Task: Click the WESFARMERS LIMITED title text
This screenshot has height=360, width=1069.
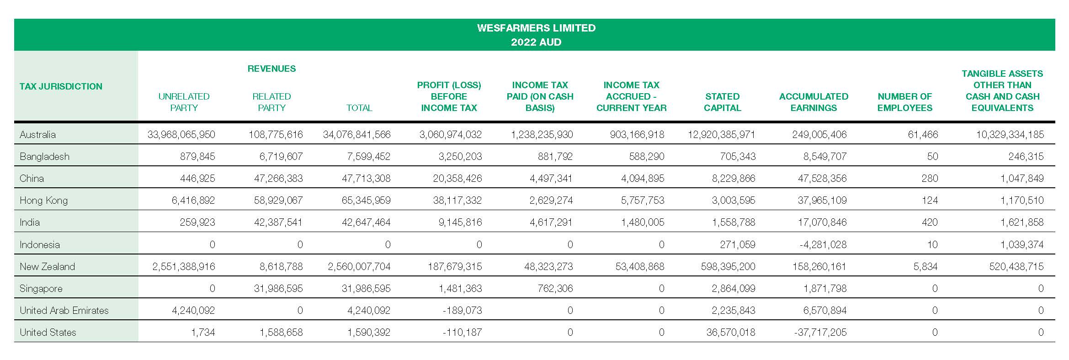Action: tap(536, 28)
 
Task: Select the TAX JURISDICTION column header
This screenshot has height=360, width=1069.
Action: tap(61, 86)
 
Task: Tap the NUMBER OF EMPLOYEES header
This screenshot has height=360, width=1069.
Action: tap(904, 102)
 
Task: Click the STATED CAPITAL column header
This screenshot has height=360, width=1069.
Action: tap(722, 102)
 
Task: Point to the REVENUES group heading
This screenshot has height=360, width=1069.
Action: tap(271, 69)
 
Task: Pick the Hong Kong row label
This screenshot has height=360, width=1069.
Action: tap(43, 200)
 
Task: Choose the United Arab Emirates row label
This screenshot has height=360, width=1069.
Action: tap(64, 310)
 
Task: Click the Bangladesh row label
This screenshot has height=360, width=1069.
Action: tap(44, 156)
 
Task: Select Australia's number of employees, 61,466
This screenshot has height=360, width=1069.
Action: tap(923, 134)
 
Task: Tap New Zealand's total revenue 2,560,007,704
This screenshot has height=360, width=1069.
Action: tap(359, 266)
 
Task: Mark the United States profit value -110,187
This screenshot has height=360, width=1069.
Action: tap(462, 332)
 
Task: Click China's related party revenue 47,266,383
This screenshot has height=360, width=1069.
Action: tap(278, 178)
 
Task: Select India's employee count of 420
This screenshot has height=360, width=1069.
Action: tap(929, 222)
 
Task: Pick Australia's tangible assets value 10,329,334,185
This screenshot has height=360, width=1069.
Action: tap(1010, 134)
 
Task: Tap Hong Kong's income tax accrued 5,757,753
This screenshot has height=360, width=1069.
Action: tap(643, 200)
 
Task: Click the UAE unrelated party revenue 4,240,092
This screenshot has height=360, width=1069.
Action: tap(193, 310)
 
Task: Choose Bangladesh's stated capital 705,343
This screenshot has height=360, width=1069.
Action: tap(738, 156)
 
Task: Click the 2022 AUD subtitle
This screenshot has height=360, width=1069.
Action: tap(536, 42)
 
